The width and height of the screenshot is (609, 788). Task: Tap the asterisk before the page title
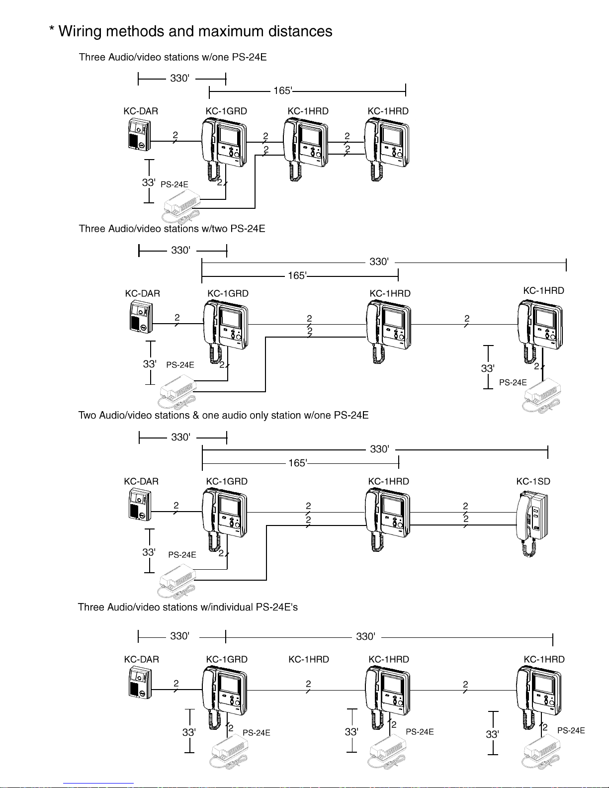[x=52, y=29]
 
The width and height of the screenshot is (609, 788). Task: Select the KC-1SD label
[x=533, y=481]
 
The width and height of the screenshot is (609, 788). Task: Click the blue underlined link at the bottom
[x=98, y=784]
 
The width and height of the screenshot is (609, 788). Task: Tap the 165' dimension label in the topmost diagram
[x=283, y=90]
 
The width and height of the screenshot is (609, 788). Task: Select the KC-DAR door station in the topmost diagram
[x=139, y=134]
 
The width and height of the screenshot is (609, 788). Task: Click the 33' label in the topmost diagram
[x=149, y=182]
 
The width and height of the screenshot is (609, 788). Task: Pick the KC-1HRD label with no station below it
[x=309, y=659]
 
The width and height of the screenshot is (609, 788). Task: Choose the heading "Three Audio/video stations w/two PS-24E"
[x=172, y=229]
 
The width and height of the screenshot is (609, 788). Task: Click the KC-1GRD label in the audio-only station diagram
[x=227, y=481]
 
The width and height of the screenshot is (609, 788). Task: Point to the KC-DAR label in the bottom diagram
[x=141, y=659]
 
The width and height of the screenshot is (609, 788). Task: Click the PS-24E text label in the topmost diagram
[x=174, y=184]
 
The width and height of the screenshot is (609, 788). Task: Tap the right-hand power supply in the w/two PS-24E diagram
[x=541, y=395]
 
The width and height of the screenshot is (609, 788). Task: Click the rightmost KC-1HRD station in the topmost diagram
[x=387, y=149]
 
